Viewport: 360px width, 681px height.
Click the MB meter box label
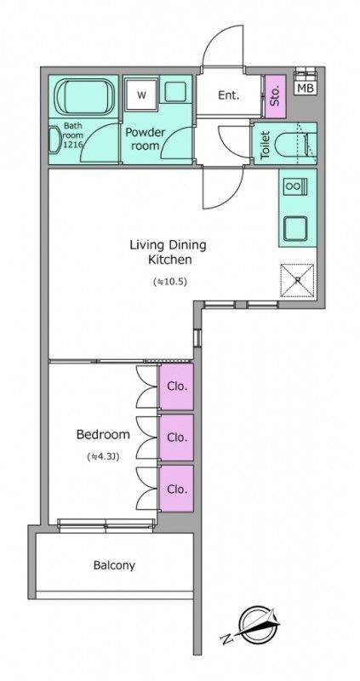click(306, 88)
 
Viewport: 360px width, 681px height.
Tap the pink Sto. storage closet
click(275, 96)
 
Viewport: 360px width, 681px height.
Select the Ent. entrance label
click(228, 95)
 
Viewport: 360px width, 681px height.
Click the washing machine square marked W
click(141, 94)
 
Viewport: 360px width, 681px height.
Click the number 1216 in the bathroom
click(71, 145)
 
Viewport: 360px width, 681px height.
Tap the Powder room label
click(145, 139)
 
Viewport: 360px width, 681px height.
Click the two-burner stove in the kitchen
click(294, 186)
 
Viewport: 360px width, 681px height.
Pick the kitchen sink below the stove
click(294, 228)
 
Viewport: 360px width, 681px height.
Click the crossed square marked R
click(297, 280)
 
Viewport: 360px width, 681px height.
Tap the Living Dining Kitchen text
click(168, 252)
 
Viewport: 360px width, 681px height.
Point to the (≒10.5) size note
click(169, 282)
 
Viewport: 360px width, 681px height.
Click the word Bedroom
click(103, 434)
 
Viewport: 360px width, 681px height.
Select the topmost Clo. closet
click(176, 386)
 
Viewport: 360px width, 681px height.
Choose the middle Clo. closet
click(176, 437)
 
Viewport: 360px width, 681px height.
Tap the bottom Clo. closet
click(176, 488)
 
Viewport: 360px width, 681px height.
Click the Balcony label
click(114, 565)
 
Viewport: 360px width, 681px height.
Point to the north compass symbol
click(253, 626)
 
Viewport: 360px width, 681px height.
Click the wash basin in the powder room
click(176, 91)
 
